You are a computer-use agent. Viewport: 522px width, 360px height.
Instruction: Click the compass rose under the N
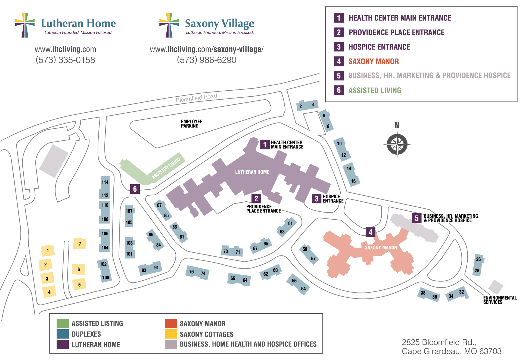point(397,144)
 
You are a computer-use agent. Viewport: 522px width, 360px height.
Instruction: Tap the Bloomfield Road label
point(196,98)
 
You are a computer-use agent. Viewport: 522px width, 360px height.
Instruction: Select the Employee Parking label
point(191,124)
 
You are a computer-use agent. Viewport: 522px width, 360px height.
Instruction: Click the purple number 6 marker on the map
point(135,189)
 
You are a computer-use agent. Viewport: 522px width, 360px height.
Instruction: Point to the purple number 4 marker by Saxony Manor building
point(370,232)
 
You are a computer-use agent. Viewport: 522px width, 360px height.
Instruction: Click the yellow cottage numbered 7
point(80,244)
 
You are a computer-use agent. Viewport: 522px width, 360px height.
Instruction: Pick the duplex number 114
point(105,182)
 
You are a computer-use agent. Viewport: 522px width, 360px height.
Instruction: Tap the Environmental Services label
point(500,300)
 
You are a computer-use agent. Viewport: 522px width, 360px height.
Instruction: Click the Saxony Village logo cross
point(169,25)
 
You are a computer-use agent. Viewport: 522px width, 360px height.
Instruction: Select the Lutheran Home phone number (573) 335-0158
point(65,60)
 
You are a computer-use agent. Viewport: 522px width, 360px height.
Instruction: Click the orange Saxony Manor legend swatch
point(171,323)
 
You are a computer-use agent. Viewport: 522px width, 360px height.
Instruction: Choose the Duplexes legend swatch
point(63,334)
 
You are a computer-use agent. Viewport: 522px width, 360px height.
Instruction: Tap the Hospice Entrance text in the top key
point(379,47)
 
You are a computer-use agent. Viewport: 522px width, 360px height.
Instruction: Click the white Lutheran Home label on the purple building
point(252,172)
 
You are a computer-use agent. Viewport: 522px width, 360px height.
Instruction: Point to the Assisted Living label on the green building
point(166,168)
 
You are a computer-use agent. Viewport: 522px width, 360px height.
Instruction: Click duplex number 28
point(477,270)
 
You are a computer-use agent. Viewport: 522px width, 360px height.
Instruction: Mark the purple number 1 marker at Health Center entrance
point(265,144)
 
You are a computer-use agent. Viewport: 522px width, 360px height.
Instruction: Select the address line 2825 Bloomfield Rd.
point(439,342)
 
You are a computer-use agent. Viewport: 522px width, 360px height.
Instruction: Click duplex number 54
point(303,289)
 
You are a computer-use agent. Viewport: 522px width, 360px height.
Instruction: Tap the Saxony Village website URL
point(207,49)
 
